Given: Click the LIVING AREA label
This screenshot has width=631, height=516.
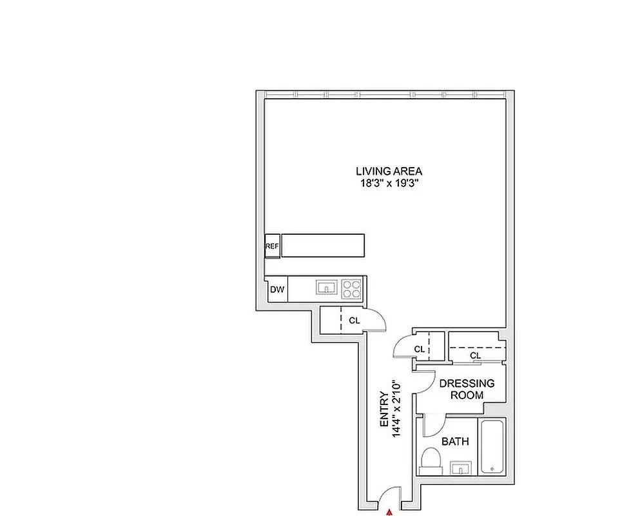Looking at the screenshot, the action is (389, 171).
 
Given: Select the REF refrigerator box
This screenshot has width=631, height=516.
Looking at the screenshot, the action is (272, 246).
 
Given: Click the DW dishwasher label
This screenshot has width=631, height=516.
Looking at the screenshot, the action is (277, 289).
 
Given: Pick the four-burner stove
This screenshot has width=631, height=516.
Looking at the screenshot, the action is (351, 289).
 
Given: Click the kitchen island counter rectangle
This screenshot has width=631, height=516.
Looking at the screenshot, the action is (323, 245).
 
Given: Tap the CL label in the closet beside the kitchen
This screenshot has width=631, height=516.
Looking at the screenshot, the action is (354, 321).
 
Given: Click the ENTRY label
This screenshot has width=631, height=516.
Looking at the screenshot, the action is (384, 410).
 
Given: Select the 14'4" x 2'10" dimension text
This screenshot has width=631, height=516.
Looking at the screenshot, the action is (396, 408).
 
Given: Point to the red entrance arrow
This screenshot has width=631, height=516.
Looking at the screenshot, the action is (389, 512).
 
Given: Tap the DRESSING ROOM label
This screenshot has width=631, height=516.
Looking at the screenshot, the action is (467, 389).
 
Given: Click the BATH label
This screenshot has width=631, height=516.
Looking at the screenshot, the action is (455, 441).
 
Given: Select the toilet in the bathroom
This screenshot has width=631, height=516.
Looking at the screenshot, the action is (430, 461).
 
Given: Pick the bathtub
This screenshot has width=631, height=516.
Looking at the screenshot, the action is (492, 448).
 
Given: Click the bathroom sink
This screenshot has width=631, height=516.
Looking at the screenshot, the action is (461, 468).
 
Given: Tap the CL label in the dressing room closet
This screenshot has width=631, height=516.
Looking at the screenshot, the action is (476, 355).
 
